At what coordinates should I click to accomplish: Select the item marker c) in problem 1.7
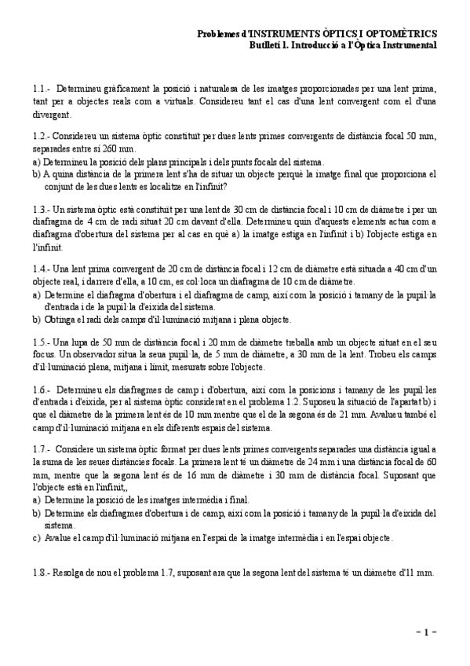click(37, 538)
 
